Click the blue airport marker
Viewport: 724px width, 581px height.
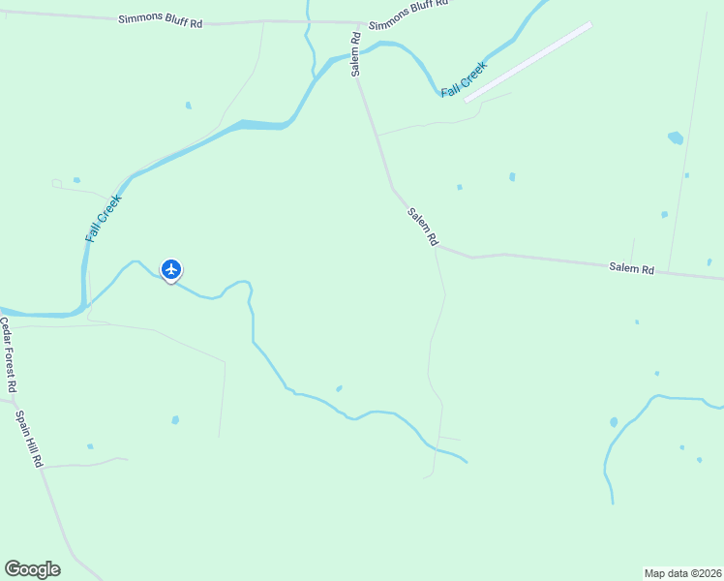tap(171, 269)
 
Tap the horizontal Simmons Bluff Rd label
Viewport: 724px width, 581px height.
tap(160, 19)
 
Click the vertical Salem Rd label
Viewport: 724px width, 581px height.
tap(356, 54)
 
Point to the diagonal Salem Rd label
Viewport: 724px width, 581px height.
tap(423, 228)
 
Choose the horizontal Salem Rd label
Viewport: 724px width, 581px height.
tap(631, 268)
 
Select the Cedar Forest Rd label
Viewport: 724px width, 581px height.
tap(9, 355)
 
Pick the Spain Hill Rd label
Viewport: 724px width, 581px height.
tap(29, 439)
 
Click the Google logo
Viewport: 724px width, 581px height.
tap(32, 569)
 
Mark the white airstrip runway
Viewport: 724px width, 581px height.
tap(528, 61)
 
